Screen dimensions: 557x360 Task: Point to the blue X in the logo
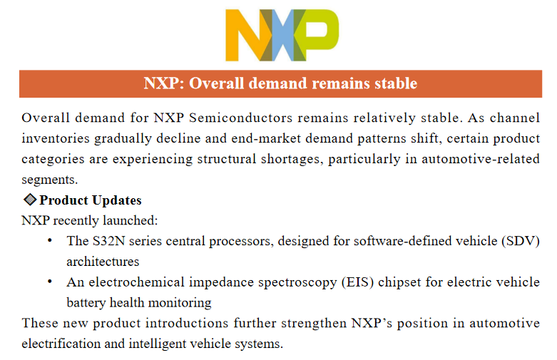point(283,35)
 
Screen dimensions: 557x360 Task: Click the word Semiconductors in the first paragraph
point(241,118)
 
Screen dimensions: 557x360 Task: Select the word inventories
point(56,138)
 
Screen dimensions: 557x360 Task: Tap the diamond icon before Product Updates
point(30,200)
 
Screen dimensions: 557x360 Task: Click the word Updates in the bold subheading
point(116,200)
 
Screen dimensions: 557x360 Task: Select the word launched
point(130,220)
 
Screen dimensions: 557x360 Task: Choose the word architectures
point(103,262)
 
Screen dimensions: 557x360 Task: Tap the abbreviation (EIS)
point(358,282)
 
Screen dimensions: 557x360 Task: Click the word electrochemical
point(136,282)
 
